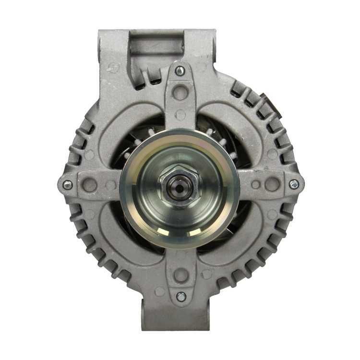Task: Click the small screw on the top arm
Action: [x=180, y=71]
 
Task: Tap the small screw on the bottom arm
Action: [x=181, y=296]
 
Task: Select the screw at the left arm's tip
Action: [x=68, y=184]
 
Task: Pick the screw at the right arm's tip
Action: [x=294, y=184]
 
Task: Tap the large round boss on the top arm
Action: [x=180, y=91]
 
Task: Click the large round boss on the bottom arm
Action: [x=180, y=275]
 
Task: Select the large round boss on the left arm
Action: [x=90, y=184]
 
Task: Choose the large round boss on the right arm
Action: [x=272, y=184]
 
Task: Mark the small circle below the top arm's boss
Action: [x=180, y=115]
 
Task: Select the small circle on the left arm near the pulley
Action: [x=110, y=185]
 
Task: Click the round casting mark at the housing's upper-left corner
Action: [x=113, y=68]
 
